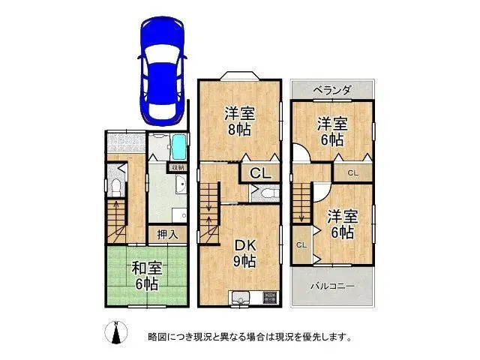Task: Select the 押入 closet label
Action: pyautogui.click(x=167, y=234)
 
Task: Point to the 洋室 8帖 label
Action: pyautogui.click(x=241, y=121)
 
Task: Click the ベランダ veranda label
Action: pyautogui.click(x=332, y=90)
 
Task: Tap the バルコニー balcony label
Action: pyautogui.click(x=333, y=286)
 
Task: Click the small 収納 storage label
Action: pyautogui.click(x=177, y=168)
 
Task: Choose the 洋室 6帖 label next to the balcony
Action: pyautogui.click(x=342, y=223)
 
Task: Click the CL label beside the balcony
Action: pyautogui.click(x=301, y=245)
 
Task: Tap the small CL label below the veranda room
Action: pyautogui.click(x=352, y=173)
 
